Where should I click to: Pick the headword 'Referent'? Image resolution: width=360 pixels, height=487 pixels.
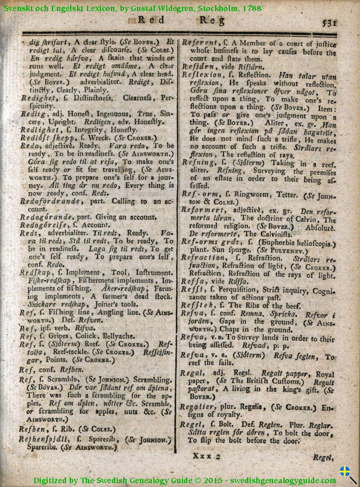(199, 43)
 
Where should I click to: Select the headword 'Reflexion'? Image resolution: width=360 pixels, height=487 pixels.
(201, 75)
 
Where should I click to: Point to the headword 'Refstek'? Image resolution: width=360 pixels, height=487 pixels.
(198, 305)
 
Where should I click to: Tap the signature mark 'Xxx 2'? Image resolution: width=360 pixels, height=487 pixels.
(207, 456)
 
